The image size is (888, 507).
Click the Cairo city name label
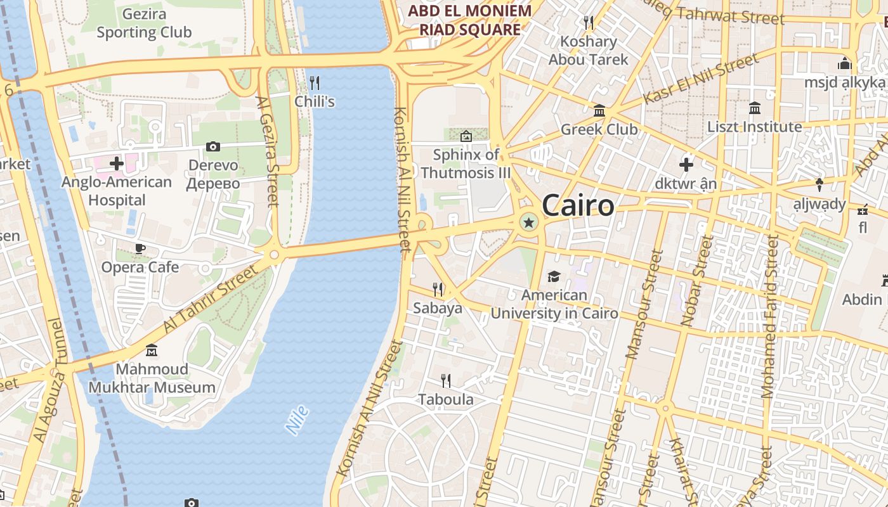578,205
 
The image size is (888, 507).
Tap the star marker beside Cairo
528,222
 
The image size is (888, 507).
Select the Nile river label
297,420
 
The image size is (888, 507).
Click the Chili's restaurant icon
314,82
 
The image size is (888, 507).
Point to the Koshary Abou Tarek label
588,51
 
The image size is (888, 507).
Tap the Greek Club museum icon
599,112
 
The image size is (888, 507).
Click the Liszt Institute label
755,127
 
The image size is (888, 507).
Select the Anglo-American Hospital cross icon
117,164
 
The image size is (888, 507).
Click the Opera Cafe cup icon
140,248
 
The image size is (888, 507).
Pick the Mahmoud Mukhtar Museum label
152,378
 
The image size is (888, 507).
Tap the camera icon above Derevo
213,147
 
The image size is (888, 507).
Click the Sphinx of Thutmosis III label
466,164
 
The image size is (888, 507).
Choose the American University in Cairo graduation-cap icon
554,276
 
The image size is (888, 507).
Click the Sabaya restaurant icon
438,290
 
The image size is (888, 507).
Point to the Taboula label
445,399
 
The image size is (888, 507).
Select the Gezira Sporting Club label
144,23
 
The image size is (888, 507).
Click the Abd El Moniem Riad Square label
469,20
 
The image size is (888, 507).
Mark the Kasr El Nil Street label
701,79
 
